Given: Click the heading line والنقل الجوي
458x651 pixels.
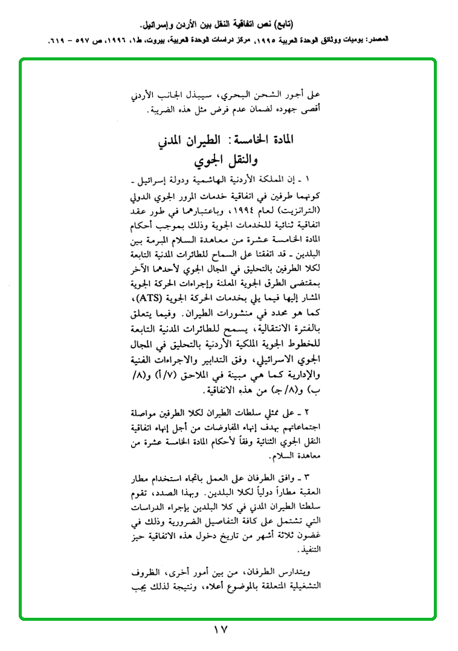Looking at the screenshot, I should tap(221, 162).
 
